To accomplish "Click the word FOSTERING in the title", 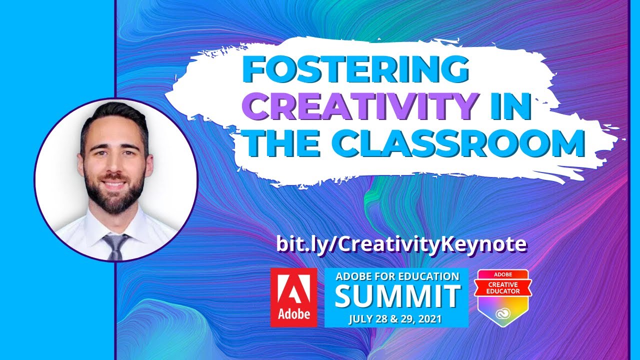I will click(x=356, y=70).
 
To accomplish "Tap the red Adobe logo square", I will click(x=293, y=297).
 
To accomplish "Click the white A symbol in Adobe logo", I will click(x=293, y=289).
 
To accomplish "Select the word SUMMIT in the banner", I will click(x=397, y=296).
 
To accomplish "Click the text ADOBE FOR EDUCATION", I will click(x=397, y=276).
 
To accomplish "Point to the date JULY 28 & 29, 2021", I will click(x=397, y=318).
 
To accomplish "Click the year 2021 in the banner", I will click(x=430, y=318).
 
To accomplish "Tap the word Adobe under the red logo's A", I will click(x=293, y=314).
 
